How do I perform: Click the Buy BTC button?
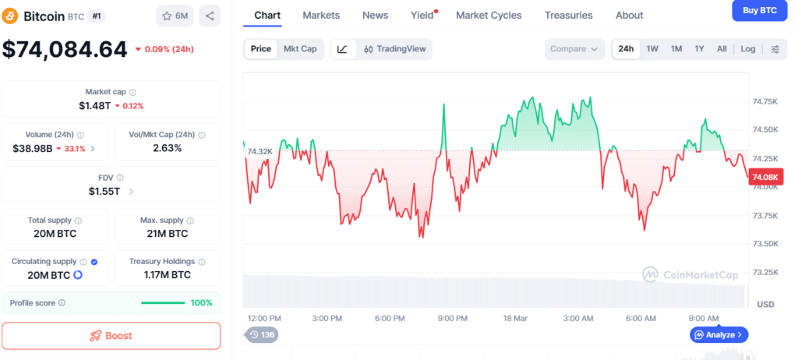click(x=759, y=10)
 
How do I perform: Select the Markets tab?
click(x=321, y=15)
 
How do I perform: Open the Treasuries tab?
click(x=568, y=15)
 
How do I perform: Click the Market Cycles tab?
click(x=489, y=15)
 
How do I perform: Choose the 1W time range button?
click(x=652, y=48)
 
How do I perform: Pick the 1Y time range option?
click(x=699, y=48)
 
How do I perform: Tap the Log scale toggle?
click(x=747, y=48)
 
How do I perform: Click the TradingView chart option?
click(x=395, y=48)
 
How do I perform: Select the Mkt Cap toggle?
click(x=300, y=48)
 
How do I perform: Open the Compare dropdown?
click(x=575, y=48)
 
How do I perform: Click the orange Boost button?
click(x=111, y=336)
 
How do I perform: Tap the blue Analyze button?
click(x=719, y=334)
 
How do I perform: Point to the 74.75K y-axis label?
click(x=764, y=101)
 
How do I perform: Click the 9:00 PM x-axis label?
click(x=452, y=318)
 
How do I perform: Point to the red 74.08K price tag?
click(x=765, y=178)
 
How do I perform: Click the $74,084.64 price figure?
click(x=65, y=49)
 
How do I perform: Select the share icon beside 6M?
click(x=210, y=16)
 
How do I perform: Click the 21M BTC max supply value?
click(x=167, y=233)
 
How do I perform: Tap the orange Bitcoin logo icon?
click(x=11, y=16)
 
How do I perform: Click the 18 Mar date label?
click(x=516, y=318)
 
